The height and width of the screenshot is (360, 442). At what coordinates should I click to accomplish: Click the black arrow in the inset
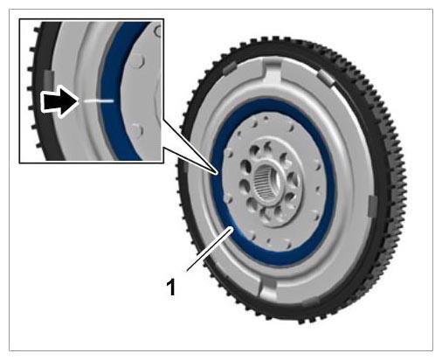[59, 100]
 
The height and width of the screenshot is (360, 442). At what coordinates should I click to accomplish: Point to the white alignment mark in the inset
[99, 100]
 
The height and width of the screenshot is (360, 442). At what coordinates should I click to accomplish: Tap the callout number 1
[171, 287]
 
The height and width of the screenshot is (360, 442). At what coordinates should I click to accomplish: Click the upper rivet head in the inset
[137, 60]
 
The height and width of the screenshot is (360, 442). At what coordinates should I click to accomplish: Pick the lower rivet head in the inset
[136, 130]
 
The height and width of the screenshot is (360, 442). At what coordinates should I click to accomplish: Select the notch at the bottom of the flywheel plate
[267, 290]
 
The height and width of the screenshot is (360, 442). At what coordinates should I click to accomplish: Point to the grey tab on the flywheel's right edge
[372, 206]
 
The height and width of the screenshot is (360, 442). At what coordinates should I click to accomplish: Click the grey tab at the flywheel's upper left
[231, 68]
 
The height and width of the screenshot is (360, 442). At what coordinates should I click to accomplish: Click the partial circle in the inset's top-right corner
[159, 31]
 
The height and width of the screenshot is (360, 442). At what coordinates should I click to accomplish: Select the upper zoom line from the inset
[190, 145]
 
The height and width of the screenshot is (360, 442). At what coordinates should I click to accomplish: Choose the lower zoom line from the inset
[190, 161]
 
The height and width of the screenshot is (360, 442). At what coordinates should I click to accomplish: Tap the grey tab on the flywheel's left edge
[185, 167]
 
